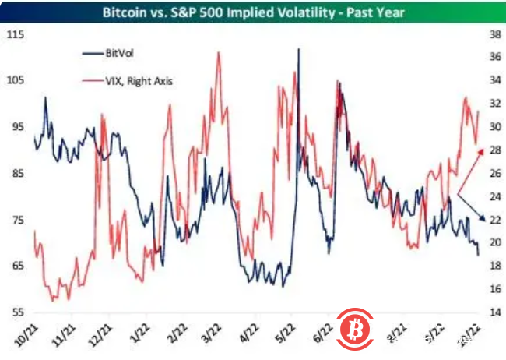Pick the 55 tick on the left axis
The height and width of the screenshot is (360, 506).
pyautogui.click(x=16, y=312)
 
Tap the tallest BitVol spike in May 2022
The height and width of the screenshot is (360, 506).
pyautogui.click(x=298, y=49)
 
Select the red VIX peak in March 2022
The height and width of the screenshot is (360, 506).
pyautogui.click(x=218, y=52)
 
